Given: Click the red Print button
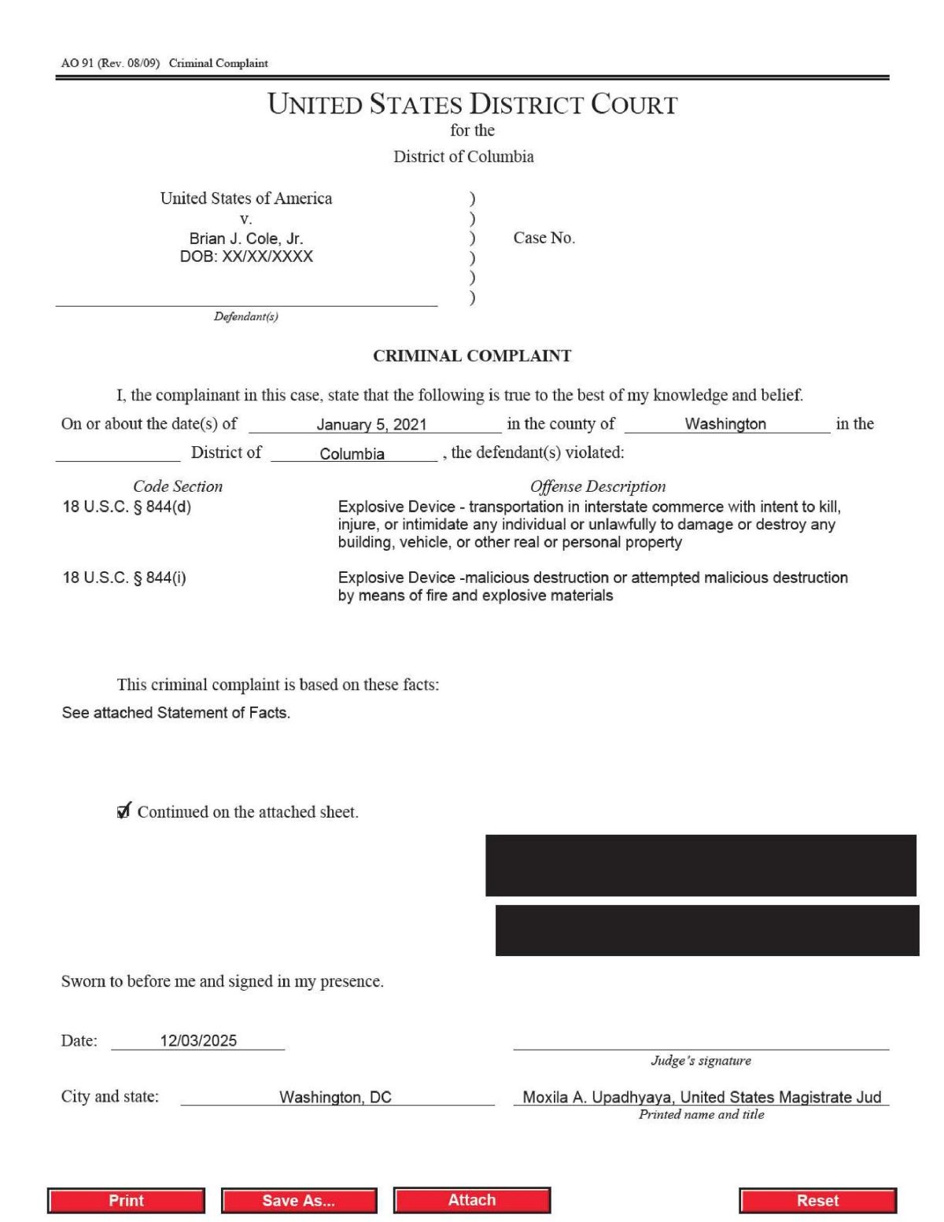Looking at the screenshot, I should pos(126,1200).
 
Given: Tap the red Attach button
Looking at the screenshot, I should pos(472,1199).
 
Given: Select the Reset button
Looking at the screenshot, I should pos(817,1200).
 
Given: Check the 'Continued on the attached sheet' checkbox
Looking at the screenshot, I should pos(124,811).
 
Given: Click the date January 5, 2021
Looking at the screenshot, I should pos(371,424).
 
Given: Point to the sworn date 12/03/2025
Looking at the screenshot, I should pos(198,1040).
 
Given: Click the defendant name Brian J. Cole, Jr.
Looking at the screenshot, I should pos(245,238).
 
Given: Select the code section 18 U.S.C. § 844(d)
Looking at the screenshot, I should pos(127,507).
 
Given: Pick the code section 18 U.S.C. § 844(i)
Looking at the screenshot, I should pos(124,578).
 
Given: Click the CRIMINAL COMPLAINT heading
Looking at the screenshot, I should pos(472,356).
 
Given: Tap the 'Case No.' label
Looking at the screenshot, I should pos(544,238).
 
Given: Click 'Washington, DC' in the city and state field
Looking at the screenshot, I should pos(335,1097).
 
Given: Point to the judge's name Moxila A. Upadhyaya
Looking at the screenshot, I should pos(598,1097).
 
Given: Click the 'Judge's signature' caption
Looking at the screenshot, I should pos(700,1061).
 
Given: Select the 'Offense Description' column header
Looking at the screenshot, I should pos(597,486).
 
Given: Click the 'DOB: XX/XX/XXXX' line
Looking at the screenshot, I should pos(246,257).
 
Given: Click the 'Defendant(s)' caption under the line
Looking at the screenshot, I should pos(245,316).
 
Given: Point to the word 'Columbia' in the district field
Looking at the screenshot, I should pos(352,454).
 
